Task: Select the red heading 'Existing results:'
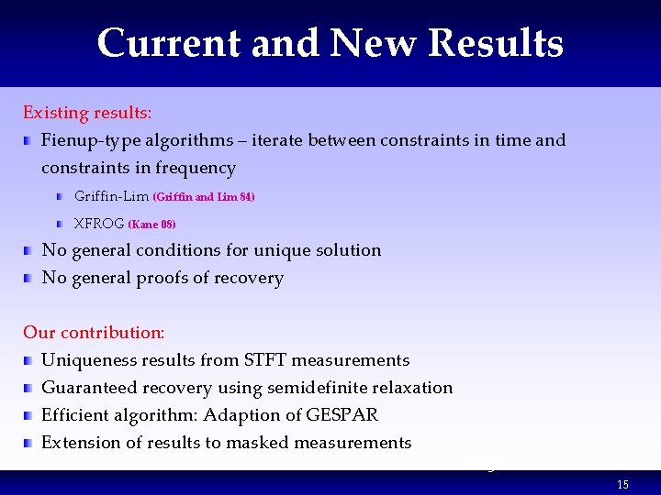point(87,113)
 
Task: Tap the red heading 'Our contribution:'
point(94,333)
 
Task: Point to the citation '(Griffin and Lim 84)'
point(203,197)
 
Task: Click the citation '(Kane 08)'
point(151,225)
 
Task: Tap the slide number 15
point(623,485)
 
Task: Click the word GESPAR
point(345,415)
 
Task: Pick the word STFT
point(263,360)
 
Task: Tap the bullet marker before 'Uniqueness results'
point(29,360)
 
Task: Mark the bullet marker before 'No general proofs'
point(29,278)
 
